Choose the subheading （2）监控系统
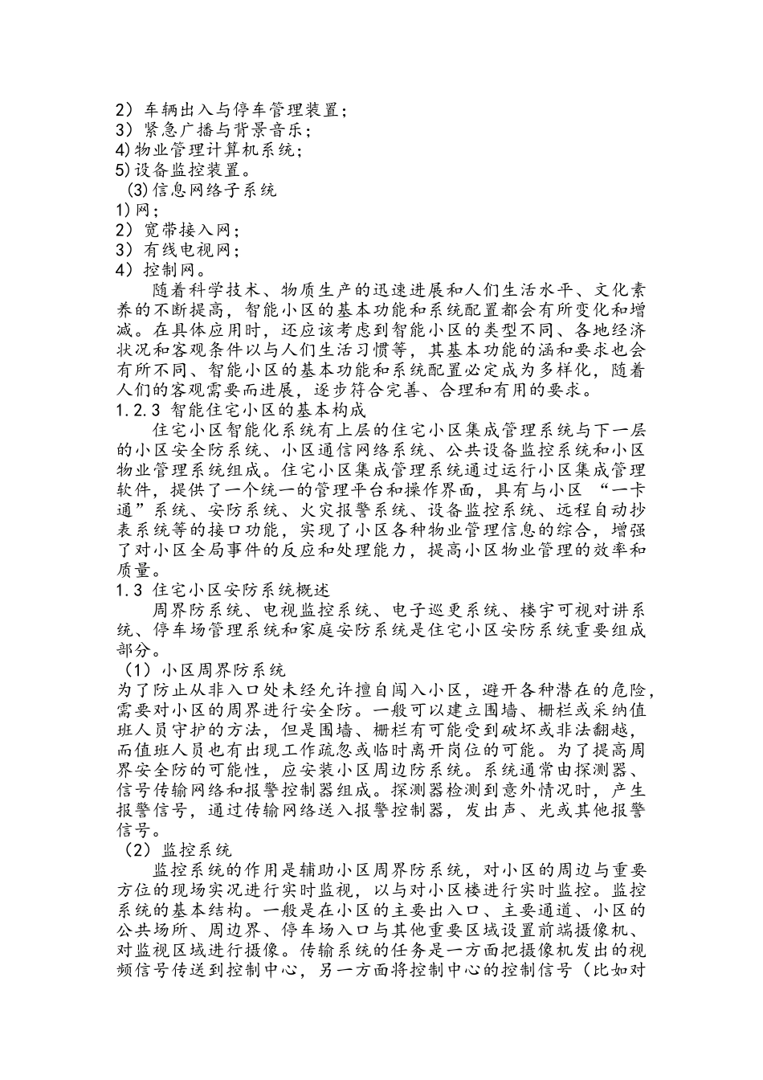pos(175,850)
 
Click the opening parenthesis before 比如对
pos(587,971)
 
